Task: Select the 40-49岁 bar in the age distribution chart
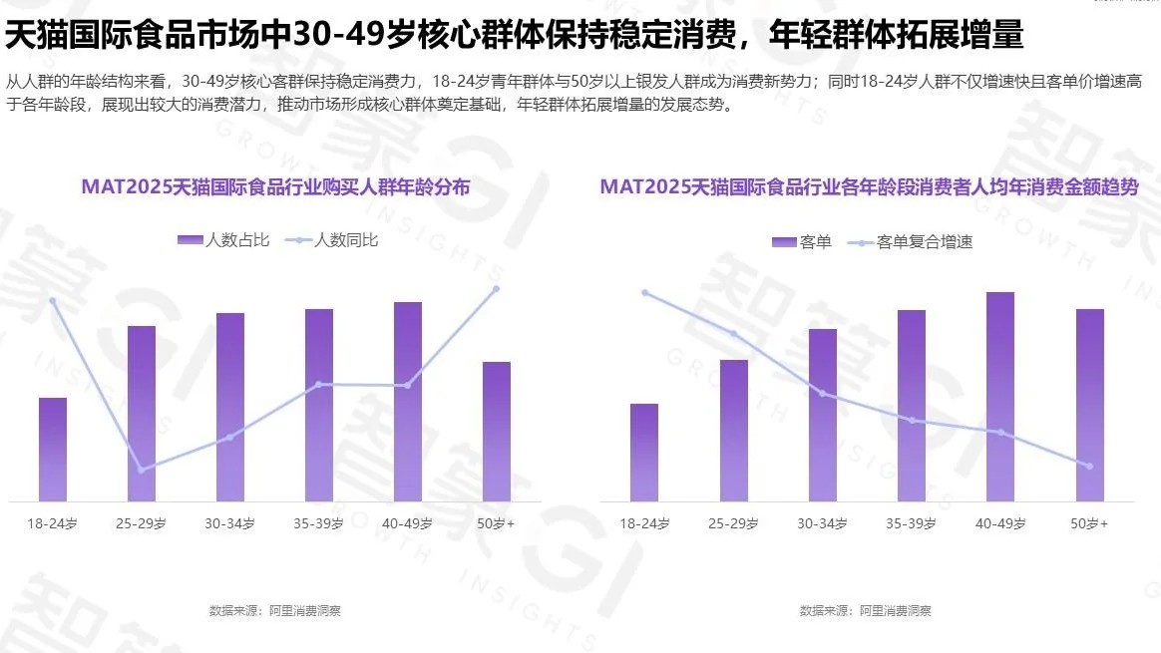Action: pos(408,401)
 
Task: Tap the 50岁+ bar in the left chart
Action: pos(497,431)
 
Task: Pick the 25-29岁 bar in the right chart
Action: pos(734,430)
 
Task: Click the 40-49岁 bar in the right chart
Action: pos(1000,396)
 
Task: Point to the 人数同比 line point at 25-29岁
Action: pos(141,470)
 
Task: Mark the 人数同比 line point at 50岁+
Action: pos(496,289)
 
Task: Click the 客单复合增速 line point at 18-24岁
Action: pos(645,292)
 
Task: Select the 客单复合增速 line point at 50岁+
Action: pos(1089,466)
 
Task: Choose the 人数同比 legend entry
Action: pos(332,240)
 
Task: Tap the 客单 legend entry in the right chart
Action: pos(802,242)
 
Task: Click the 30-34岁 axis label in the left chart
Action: pos(229,523)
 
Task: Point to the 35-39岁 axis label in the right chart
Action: pos(912,523)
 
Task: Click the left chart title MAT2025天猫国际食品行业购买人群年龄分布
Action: pos(276,186)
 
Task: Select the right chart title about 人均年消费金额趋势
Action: pos(869,186)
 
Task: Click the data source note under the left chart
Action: pos(275,610)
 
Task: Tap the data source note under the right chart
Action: pos(866,610)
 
